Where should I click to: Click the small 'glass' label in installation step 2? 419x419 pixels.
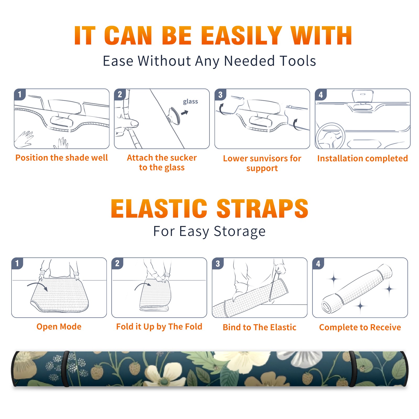tap(190, 102)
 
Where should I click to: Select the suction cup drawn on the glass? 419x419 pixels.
tap(174, 115)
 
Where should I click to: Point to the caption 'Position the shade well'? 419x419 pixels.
tap(62, 158)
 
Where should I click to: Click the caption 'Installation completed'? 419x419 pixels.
tap(362, 158)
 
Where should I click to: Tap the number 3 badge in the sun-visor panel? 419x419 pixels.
tap(220, 95)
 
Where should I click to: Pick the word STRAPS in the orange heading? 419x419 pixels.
tap(262, 208)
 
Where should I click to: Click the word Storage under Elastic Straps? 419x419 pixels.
tap(240, 231)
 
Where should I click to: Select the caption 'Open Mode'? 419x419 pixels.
tap(59, 327)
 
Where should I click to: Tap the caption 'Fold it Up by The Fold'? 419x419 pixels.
tap(159, 327)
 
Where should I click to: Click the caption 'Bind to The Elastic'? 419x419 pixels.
tap(260, 327)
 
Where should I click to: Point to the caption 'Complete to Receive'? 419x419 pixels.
tap(360, 327)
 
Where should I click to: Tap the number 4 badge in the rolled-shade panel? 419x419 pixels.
tap(318, 263)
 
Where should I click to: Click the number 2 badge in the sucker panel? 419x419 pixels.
tap(120, 94)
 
